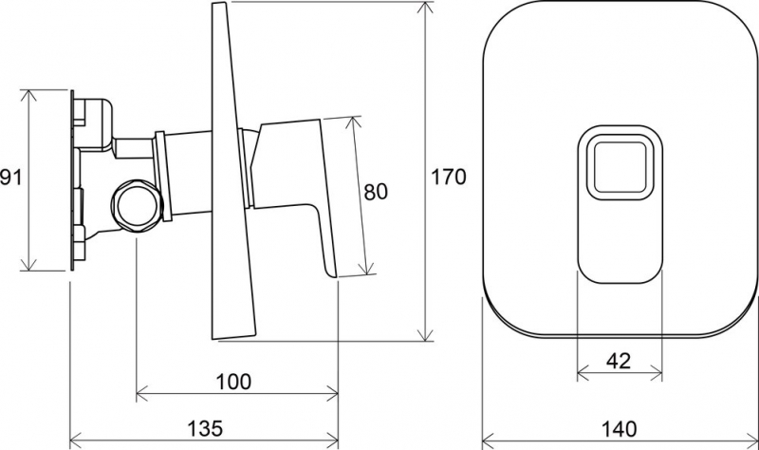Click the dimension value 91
[10, 178]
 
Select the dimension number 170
[448, 177]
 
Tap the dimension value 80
[376, 192]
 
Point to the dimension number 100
[233, 382]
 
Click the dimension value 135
[205, 428]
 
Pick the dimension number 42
[619, 361]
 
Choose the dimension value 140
[620, 429]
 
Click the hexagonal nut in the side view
[136, 205]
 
